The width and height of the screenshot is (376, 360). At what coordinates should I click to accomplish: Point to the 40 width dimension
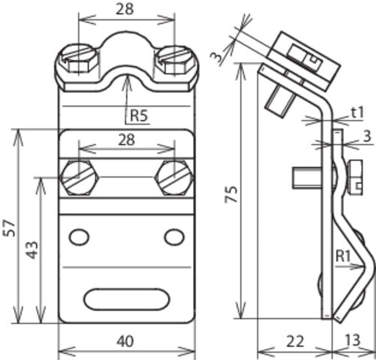pyautogui.click(x=125, y=340)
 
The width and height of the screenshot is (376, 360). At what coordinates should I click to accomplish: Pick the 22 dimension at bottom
pyautogui.click(x=293, y=340)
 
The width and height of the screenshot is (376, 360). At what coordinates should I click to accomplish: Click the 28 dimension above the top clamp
pyautogui.click(x=125, y=10)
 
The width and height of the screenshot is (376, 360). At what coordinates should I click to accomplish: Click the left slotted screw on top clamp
pyautogui.click(x=79, y=55)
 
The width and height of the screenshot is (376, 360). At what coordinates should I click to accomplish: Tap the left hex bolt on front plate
pyautogui.click(x=78, y=178)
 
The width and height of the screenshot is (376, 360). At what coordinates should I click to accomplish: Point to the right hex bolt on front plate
pyautogui.click(x=173, y=178)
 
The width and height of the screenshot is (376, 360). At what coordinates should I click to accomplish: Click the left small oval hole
pyautogui.click(x=78, y=238)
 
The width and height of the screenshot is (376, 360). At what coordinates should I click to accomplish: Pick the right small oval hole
pyautogui.click(x=173, y=238)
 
